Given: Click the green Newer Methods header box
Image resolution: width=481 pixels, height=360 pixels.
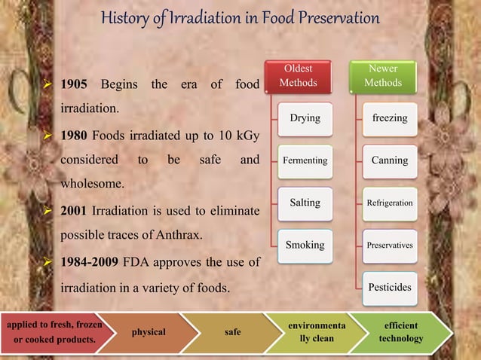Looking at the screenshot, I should point(383,75).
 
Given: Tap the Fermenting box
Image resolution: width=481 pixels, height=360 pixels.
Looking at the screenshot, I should point(305,160).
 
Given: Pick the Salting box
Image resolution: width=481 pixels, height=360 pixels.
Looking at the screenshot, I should point(305,203).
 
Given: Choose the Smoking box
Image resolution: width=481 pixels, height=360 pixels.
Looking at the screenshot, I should point(305,245).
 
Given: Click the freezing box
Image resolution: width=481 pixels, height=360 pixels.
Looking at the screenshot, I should point(389,118).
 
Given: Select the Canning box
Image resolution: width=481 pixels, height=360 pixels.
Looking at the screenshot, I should point(389,160).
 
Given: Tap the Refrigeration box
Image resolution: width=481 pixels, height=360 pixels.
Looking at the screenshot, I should point(389,203).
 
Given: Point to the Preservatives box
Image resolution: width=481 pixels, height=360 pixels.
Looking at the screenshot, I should point(389,246).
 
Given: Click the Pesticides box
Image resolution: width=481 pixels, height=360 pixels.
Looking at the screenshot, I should point(389,288).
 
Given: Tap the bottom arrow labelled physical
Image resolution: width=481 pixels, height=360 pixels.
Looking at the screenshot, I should point(149,332).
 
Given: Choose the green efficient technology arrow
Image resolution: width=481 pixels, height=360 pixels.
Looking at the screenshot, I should point(400,332).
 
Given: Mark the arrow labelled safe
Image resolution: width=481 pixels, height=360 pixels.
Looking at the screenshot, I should point(233,332).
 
